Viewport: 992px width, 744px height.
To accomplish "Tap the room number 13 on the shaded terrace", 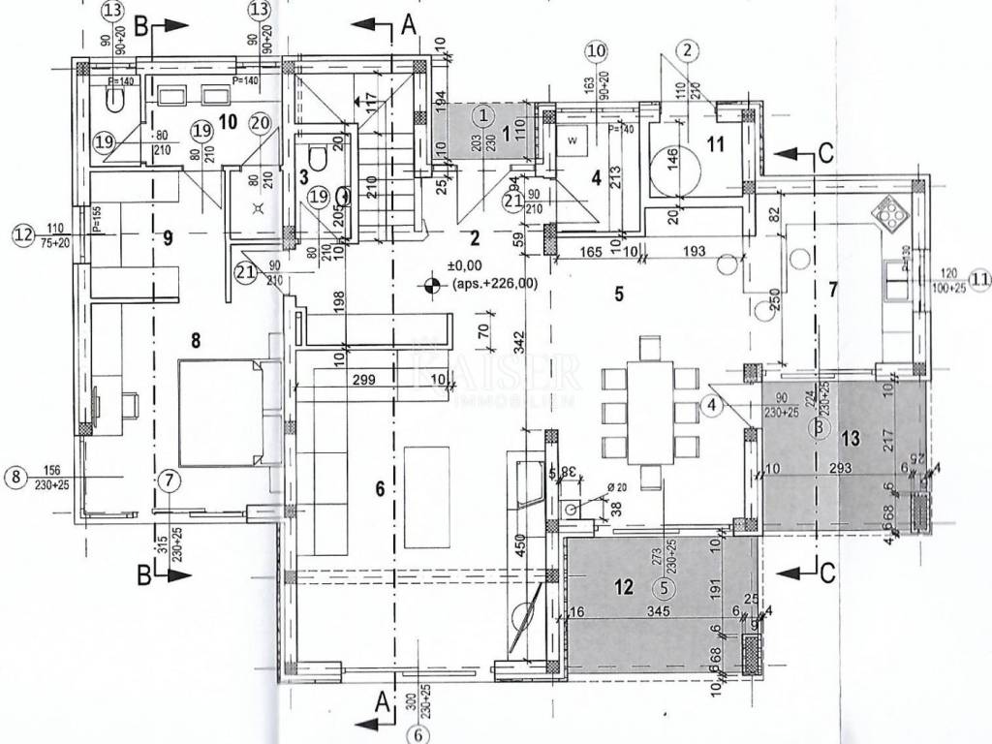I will tap(851, 438).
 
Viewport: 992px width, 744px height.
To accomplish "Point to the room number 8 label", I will tap(197, 339).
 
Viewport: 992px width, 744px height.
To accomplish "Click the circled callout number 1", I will tap(481, 114).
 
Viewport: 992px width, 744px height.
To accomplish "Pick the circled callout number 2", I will tap(687, 49).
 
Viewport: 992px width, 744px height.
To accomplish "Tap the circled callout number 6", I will tap(418, 733).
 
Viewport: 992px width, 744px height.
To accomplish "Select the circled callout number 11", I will tap(979, 280).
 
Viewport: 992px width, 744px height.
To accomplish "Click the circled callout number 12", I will tap(22, 233).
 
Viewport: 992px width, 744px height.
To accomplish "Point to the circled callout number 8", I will tap(15, 476).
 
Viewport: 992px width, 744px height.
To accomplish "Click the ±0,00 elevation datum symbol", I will tap(429, 285).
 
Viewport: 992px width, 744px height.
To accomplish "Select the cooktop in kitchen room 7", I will tap(886, 211).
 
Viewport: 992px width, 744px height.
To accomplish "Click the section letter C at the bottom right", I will tap(825, 572).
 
